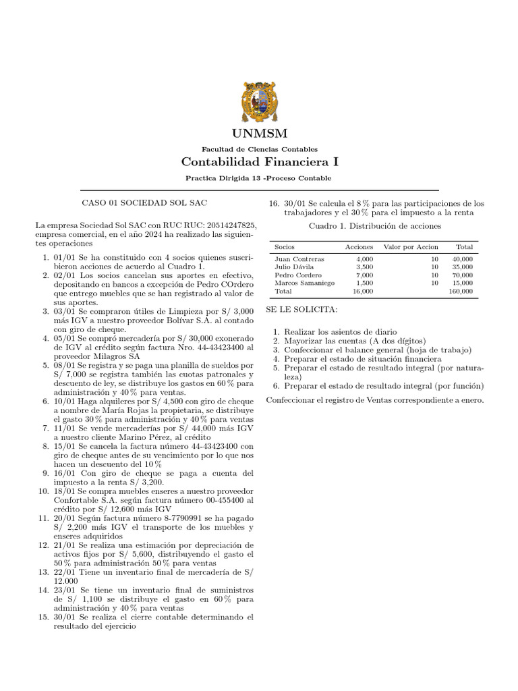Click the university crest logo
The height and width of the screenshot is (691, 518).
click(x=259, y=102)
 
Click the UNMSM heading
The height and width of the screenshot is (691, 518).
click(x=259, y=133)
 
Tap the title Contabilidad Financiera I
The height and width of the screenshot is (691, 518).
click(x=259, y=162)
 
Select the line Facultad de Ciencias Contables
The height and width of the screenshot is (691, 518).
click(x=259, y=148)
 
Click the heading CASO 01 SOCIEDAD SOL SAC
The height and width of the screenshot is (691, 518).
click(x=144, y=203)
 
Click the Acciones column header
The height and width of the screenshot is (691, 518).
click(x=359, y=247)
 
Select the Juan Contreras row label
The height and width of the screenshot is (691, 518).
click(x=299, y=259)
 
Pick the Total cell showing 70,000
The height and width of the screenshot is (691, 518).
click(x=463, y=275)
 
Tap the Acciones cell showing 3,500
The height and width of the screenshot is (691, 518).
click(x=364, y=267)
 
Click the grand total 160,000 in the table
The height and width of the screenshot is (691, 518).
click(x=461, y=292)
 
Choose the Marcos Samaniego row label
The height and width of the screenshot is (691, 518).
click(x=304, y=283)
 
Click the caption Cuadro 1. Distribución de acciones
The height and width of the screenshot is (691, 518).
click(x=374, y=226)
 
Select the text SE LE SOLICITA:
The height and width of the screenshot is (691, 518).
click(x=301, y=309)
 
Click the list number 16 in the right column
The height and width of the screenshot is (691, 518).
click(x=274, y=203)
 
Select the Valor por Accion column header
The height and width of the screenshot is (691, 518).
click(x=411, y=247)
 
